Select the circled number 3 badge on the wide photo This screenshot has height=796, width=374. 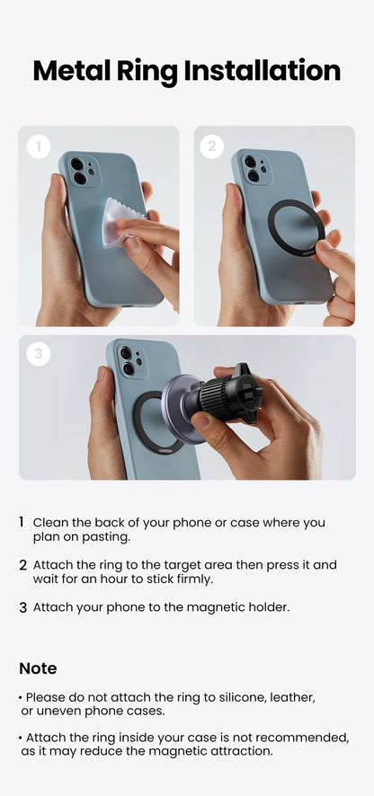(38, 355)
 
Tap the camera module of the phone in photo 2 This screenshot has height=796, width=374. (255, 168)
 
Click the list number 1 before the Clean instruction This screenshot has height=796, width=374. (22, 522)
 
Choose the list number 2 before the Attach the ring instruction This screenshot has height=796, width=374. (22, 565)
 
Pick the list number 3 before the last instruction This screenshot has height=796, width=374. (22, 607)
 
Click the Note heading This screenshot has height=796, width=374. (38, 668)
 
